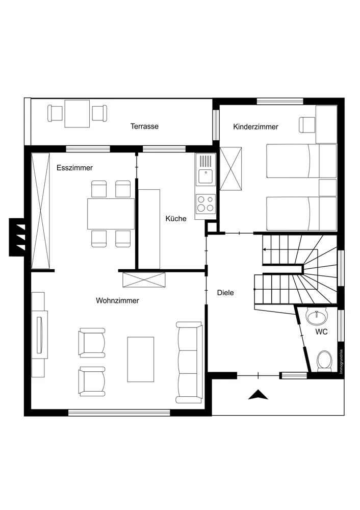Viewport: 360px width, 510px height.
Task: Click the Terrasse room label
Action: point(144,126)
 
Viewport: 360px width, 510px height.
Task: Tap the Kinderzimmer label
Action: point(255,127)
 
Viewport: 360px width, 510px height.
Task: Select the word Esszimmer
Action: point(74,168)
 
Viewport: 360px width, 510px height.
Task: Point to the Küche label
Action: point(176,219)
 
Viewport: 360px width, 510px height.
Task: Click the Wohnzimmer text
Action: point(117,300)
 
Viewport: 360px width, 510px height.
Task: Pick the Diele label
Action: point(225,293)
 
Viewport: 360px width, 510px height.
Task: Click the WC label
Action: point(321,332)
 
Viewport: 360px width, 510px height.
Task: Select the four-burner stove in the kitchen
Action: point(205,203)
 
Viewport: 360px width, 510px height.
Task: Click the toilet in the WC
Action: point(324,361)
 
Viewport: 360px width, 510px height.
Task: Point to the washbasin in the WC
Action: point(317,317)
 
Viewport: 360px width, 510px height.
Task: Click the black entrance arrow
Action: point(258,394)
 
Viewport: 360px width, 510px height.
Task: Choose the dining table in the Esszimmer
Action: point(111,214)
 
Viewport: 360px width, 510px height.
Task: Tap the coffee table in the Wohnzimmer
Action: point(141,359)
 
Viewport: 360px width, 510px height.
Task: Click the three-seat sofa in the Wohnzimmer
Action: point(189,362)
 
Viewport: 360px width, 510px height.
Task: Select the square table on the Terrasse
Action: point(77,114)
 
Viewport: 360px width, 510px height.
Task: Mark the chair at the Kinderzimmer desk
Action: point(306,124)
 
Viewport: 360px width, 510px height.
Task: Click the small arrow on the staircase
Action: point(265,249)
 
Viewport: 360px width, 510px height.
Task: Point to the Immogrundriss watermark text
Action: point(341,362)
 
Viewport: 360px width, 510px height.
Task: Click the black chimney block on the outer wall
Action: point(17,237)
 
